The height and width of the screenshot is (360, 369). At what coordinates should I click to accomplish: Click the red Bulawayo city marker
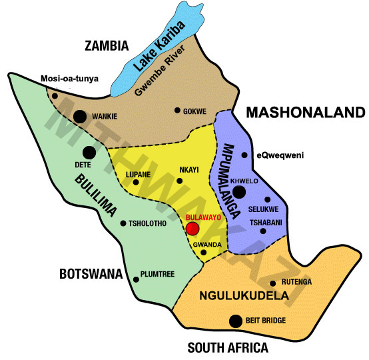(192, 229)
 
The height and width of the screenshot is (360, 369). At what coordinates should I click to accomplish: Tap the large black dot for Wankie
(81, 117)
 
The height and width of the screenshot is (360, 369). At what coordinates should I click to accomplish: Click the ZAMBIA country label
(106, 46)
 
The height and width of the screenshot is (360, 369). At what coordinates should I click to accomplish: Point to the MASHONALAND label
(306, 113)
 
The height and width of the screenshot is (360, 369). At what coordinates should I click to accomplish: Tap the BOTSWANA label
(91, 273)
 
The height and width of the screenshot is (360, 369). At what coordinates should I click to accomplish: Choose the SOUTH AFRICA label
(227, 347)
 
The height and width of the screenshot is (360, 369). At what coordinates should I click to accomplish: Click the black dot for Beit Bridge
(235, 321)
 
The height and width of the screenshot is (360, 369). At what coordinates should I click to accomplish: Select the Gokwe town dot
(177, 111)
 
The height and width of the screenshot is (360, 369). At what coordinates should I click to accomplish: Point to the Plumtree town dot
(136, 278)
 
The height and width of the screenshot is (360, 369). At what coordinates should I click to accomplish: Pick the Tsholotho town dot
(123, 223)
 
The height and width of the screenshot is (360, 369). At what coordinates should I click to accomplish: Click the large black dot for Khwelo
(239, 192)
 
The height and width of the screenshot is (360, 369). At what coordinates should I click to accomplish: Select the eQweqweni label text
(280, 155)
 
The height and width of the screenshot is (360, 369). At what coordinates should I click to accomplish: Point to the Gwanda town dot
(204, 253)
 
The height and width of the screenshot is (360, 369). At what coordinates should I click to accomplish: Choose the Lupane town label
(138, 175)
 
